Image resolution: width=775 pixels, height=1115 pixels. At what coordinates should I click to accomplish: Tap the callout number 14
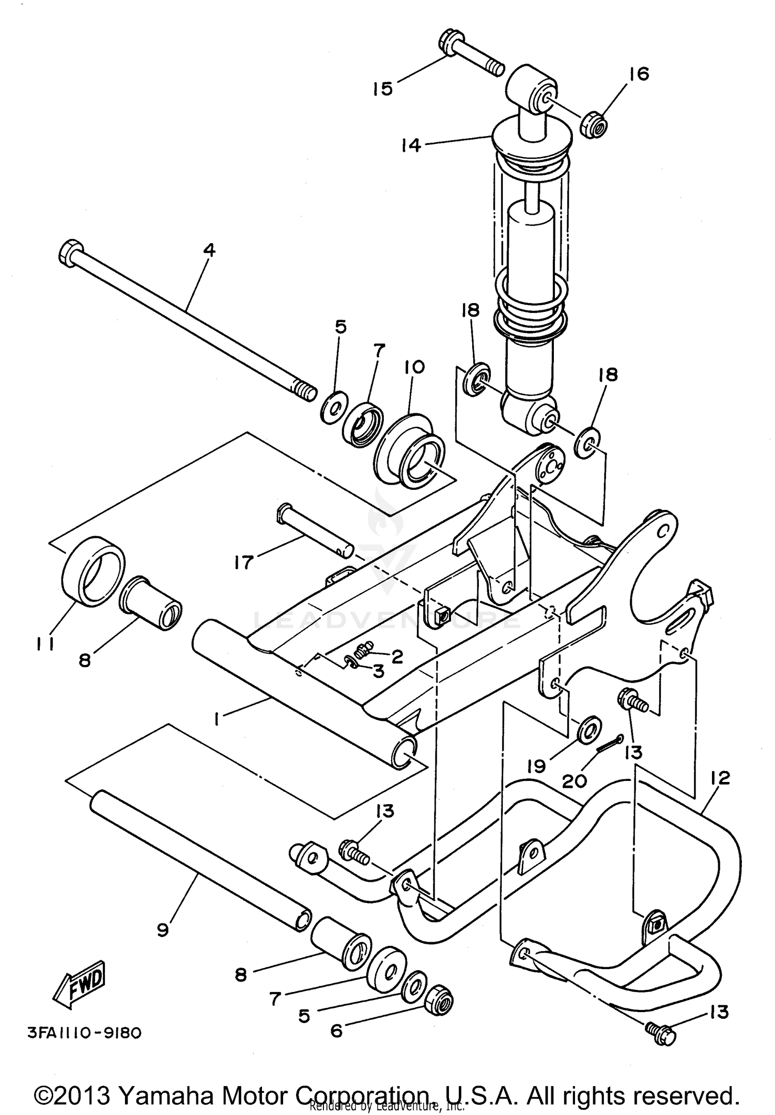[x=411, y=145]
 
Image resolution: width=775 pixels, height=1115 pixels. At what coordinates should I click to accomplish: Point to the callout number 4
[x=209, y=250]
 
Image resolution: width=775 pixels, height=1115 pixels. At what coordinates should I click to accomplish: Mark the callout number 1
[x=217, y=719]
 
